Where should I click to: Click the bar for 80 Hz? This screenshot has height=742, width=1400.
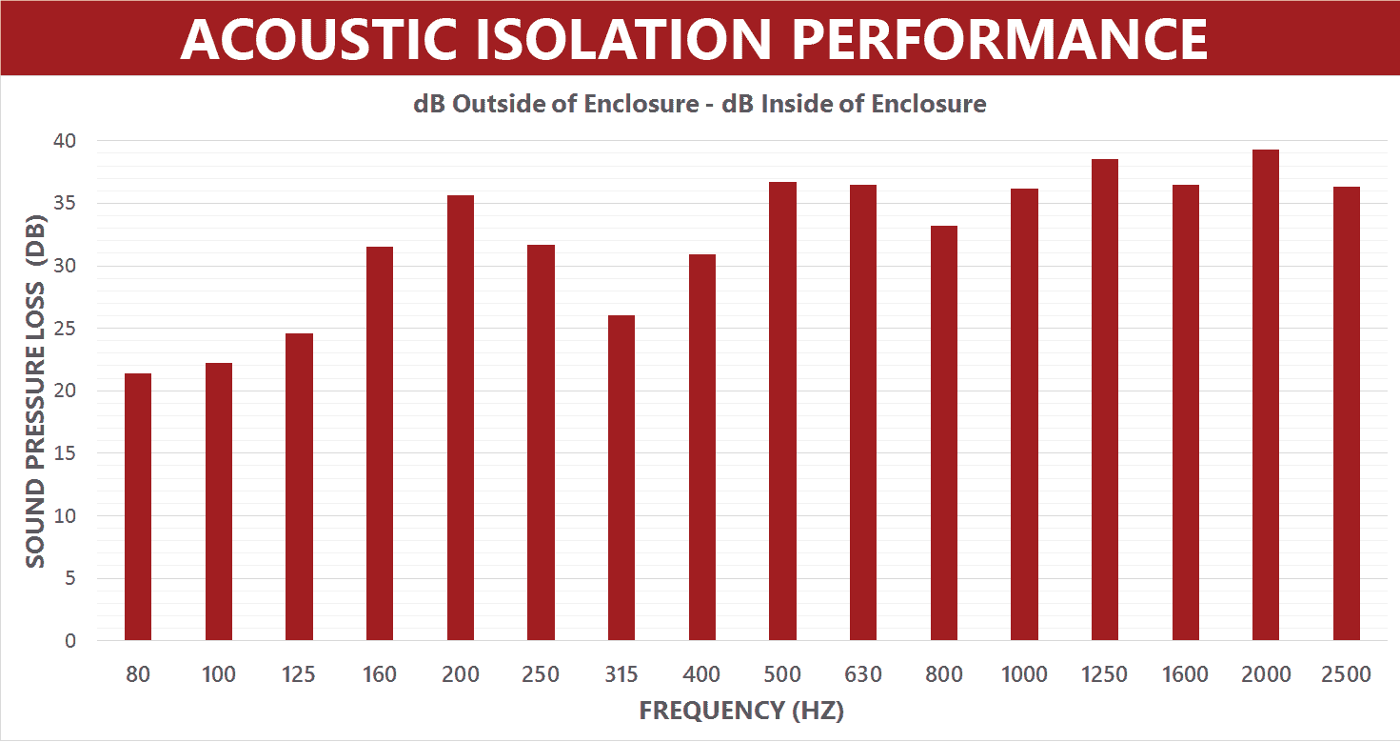click(x=138, y=507)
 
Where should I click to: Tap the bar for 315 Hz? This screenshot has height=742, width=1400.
click(x=621, y=477)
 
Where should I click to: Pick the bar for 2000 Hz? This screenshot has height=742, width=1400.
click(x=1266, y=394)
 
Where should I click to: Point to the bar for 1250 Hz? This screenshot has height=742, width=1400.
click(x=1105, y=399)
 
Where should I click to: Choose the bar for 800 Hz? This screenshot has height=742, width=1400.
click(x=944, y=432)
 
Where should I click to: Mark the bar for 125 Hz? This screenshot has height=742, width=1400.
click(x=299, y=487)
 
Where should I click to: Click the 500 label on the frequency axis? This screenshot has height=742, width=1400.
click(x=782, y=675)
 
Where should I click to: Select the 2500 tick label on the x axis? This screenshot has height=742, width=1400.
click(x=1347, y=675)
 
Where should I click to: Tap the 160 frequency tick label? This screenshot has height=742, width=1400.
click(x=380, y=675)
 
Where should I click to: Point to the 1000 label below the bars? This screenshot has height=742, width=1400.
click(x=1024, y=675)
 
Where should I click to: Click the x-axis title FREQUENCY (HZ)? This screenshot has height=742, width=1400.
click(x=741, y=712)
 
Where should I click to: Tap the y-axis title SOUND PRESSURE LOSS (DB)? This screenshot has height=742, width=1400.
click(x=35, y=391)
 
